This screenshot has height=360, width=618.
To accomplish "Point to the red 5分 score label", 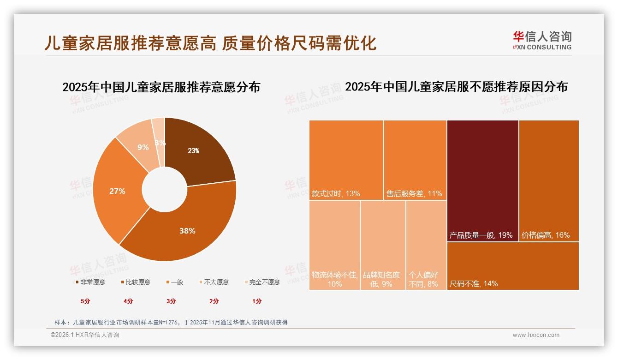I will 85,301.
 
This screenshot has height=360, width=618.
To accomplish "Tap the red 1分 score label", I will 257,301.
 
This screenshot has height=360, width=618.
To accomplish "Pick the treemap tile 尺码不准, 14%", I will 513,265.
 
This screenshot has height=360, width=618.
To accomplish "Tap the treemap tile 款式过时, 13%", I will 346,160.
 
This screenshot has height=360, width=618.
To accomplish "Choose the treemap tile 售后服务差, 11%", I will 415,160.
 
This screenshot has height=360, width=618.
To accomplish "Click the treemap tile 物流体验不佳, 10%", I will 334,245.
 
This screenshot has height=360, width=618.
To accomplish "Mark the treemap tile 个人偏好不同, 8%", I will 426,245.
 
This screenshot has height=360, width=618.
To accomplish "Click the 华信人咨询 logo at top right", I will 542,41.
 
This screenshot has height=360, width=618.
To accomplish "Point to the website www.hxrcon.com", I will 536,335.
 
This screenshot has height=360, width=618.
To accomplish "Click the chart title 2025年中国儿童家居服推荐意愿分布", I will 161,87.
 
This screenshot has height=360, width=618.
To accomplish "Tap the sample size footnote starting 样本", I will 171,322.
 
